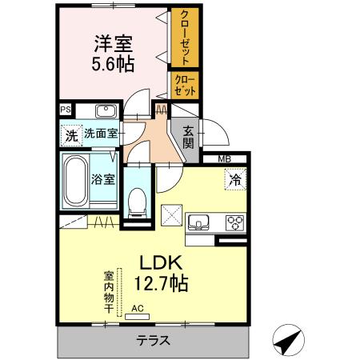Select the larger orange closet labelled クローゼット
184,38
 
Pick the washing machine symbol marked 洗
71,135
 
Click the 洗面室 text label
102,134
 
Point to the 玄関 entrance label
189,138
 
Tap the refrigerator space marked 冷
235,180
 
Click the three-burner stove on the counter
235,222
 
